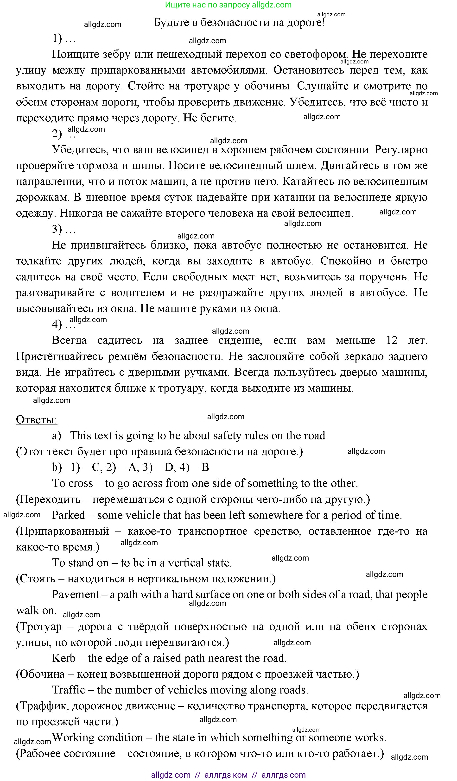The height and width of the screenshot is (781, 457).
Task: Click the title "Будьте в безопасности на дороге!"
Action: coord(239,23)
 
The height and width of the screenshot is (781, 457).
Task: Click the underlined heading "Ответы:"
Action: coord(36,420)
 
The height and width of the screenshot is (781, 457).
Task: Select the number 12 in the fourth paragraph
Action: coord(392,340)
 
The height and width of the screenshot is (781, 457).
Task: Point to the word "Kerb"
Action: coord(63,658)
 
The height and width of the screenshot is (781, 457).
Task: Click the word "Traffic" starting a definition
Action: coord(69,690)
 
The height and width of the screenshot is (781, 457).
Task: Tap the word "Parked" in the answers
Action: coord(68,515)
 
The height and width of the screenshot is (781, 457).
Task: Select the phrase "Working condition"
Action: coord(98,737)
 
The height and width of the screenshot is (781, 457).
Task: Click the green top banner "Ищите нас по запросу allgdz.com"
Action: coord(228,5)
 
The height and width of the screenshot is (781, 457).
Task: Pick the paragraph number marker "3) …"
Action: coord(63,229)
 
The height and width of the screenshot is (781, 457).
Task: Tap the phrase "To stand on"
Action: coord(80,562)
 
